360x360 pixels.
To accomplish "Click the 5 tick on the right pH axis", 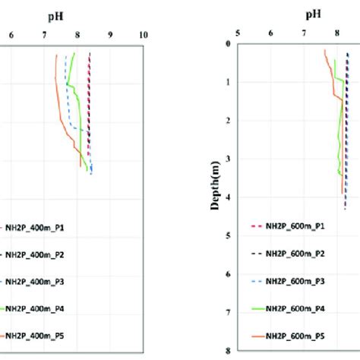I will [238, 33].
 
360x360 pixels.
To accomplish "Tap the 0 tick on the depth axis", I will [228, 44].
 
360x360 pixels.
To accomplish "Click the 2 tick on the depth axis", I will [228, 121].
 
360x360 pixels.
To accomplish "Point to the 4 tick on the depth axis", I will [228, 197].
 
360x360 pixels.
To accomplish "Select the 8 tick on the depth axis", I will [228, 350].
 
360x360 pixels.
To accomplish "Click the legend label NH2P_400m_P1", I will [37, 226].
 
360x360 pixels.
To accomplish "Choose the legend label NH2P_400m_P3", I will [37, 281].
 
